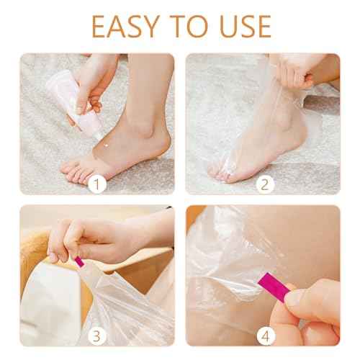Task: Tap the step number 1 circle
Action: [97, 184]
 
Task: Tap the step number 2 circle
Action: [266, 184]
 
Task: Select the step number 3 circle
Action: [97, 336]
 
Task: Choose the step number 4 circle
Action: [266, 336]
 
